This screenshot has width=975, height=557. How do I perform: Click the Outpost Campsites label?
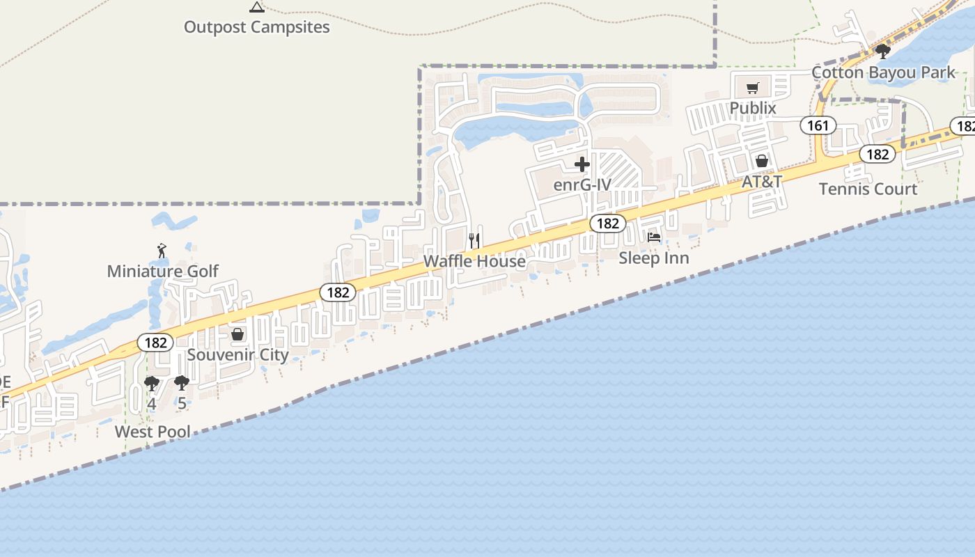point(256,27)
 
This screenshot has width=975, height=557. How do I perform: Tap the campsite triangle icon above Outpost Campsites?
point(256,7)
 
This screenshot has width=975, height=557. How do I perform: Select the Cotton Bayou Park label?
point(884,72)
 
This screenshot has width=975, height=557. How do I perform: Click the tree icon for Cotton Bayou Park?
point(882,51)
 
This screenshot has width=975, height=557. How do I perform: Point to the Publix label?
point(752,108)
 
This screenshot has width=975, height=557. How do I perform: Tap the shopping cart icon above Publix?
point(752,88)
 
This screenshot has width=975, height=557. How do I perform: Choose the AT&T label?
point(761,181)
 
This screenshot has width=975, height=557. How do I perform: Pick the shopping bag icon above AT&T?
point(762,161)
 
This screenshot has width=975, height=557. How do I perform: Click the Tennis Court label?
point(868,189)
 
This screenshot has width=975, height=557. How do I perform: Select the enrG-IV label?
point(582,185)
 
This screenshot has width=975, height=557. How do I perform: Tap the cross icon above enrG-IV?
point(582,165)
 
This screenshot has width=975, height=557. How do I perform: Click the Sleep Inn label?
point(654,258)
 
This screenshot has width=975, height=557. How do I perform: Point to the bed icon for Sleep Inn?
point(654,237)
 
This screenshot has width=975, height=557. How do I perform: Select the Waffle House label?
point(474,261)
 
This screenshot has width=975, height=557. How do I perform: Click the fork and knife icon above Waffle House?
point(474,241)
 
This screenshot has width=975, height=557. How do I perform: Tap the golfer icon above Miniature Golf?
point(162,250)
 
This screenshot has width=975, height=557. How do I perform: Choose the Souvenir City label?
point(237,354)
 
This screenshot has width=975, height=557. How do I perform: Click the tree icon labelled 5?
point(181,383)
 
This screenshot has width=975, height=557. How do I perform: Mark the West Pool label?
point(153,432)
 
